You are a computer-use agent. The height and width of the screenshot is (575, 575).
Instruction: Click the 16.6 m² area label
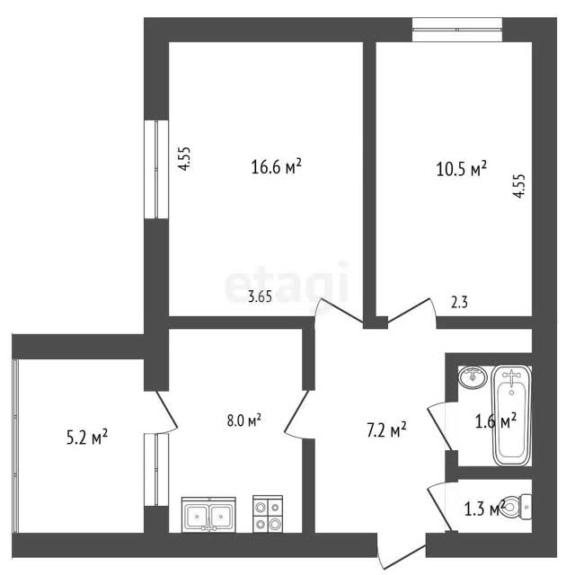point(276,167)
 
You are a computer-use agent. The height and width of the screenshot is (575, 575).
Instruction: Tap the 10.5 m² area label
point(461,169)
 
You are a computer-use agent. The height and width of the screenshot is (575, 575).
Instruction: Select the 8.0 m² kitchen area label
point(243,420)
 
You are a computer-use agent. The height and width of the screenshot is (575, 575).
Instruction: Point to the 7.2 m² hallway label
point(386,429)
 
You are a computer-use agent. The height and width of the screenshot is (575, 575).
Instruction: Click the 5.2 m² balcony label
point(87,438)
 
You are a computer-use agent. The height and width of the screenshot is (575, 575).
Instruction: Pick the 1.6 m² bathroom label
point(496,421)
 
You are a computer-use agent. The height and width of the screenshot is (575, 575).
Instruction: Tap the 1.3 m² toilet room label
point(485,509)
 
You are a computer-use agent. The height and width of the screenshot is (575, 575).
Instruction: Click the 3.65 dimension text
point(260,296)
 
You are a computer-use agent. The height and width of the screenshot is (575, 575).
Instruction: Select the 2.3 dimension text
point(459,303)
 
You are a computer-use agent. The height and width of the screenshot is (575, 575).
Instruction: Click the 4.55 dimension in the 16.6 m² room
point(184,158)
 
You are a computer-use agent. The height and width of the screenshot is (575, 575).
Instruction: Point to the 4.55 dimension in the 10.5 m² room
point(519,186)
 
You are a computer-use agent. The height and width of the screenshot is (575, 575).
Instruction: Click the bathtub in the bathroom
point(511,415)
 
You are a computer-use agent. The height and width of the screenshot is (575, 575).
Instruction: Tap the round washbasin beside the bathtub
point(473,377)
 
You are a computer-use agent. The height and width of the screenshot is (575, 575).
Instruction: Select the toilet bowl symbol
point(517,507)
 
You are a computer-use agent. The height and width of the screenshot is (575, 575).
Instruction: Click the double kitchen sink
point(209,515)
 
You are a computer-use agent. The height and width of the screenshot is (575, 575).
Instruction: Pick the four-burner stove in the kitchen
point(268,514)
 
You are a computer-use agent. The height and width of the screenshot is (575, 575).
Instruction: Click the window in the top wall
point(457,30)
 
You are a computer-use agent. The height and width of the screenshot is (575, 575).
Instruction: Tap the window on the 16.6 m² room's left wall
point(156,169)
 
